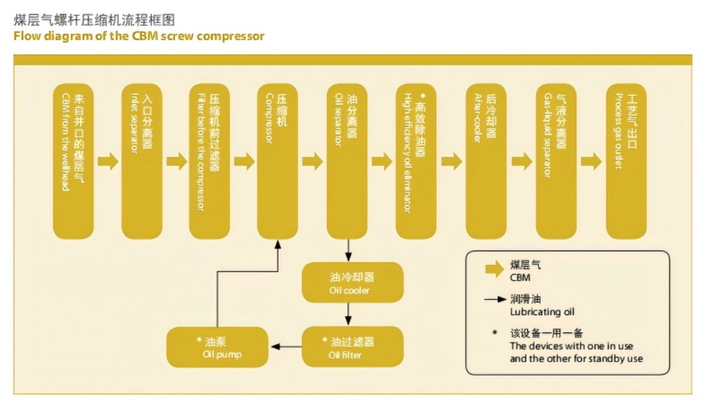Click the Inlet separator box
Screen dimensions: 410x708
click(x=142, y=161)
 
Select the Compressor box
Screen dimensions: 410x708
click(x=277, y=161)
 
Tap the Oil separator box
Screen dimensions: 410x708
click(x=347, y=161)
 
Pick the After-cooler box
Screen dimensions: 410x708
click(x=486, y=161)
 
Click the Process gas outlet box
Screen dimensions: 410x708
click(x=626, y=161)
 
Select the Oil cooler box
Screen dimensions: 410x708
click(x=353, y=283)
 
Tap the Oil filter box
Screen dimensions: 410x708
click(x=353, y=347)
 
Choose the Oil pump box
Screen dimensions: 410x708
click(x=217, y=347)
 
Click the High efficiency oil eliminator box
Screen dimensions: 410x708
click(x=416, y=161)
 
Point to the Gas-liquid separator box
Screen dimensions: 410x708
click(x=556, y=161)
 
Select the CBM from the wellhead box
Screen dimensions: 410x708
click(x=73, y=161)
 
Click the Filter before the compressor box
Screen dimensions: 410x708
click(x=209, y=161)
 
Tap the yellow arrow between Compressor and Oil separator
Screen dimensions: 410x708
click(x=312, y=162)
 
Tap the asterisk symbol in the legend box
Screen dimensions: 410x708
click(x=494, y=334)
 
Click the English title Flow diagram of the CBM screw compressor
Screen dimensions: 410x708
click(x=139, y=36)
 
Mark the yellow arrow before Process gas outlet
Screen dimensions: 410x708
click(x=591, y=162)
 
